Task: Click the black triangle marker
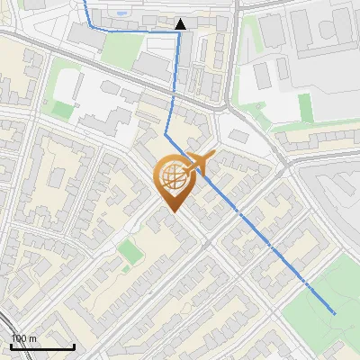pyautogui.click(x=181, y=24)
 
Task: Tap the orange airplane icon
pyautogui.click(x=200, y=164)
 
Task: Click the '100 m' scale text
pyautogui.click(x=23, y=338)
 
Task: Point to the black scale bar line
pyautogui.click(x=42, y=346)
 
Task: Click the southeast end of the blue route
pyautogui.click(x=335, y=313)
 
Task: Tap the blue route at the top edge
pyautogui.click(x=85, y=3)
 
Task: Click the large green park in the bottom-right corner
pyautogui.click(x=324, y=306)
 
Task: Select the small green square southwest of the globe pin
pyautogui.click(x=131, y=252)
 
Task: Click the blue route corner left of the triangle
pyautogui.click(x=88, y=29)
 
